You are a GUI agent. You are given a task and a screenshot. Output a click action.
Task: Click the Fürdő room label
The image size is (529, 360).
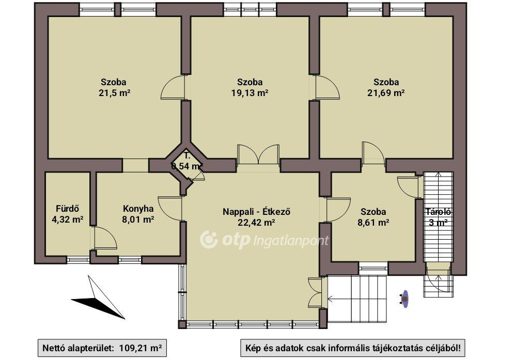[x=68, y=209]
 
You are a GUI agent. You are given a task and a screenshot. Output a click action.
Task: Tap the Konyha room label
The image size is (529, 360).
[x=138, y=209]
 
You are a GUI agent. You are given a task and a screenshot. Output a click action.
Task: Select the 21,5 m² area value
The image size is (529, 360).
[x=114, y=93]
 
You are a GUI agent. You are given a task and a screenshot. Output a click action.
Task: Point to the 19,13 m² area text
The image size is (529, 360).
[x=250, y=93]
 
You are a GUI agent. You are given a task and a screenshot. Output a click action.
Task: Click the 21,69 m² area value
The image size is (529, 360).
[x=386, y=93]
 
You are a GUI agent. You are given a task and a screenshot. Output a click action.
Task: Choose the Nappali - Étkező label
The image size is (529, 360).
[x=256, y=212]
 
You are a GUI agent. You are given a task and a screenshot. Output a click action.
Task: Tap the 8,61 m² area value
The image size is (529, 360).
[x=373, y=223]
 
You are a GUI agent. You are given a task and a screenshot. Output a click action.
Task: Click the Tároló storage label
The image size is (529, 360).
[x=438, y=212]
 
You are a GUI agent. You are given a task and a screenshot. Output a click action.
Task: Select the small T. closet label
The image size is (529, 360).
[x=187, y=156]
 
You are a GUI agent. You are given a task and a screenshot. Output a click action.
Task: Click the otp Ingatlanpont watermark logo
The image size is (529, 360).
[x=264, y=240]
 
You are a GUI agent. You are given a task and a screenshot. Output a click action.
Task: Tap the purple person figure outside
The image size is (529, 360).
[x=404, y=298]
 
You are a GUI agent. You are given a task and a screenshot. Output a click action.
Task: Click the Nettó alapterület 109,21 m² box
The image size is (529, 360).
[x=102, y=348]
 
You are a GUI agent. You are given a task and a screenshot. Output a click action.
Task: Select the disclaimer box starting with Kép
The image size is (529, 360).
[x=352, y=348]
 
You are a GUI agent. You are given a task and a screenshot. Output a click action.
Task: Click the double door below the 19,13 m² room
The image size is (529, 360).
[x=258, y=154]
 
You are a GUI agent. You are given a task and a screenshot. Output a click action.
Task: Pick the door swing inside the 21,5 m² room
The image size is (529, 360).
[x=173, y=87]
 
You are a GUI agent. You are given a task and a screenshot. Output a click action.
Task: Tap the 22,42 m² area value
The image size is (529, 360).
[x=256, y=223]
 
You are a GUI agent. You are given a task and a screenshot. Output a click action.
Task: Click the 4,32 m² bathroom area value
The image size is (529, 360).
[x=68, y=220]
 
